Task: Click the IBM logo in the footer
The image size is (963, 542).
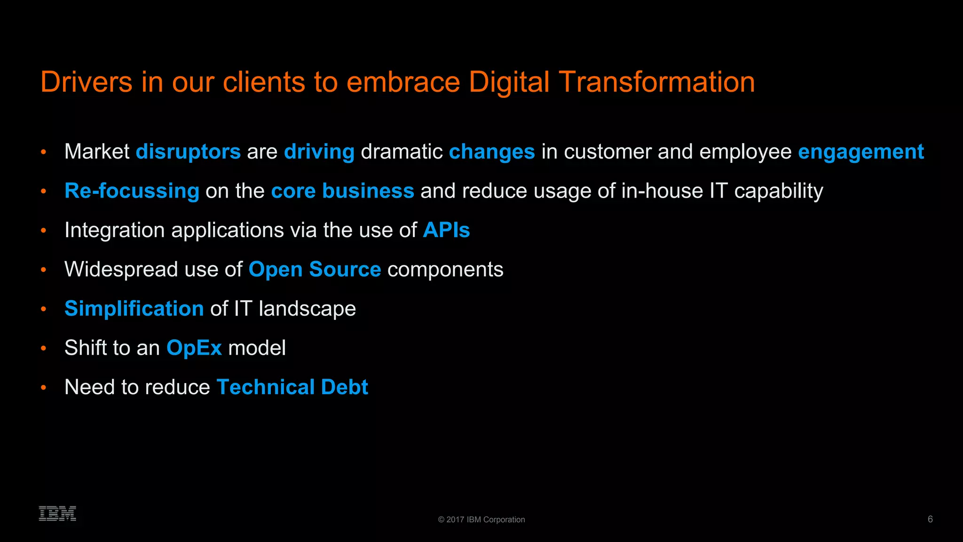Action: point(57,513)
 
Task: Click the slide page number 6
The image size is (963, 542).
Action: point(930,519)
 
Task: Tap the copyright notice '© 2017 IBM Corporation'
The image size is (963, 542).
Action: point(481,519)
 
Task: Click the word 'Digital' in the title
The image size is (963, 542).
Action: point(509,82)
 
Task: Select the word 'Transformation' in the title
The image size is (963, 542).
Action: point(657,82)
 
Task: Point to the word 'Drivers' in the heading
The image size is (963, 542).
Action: point(87,82)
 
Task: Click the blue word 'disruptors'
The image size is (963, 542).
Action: point(188,151)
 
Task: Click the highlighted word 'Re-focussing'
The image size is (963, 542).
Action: point(132,191)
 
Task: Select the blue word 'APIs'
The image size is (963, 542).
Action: point(446,230)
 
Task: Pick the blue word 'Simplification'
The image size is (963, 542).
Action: point(134,309)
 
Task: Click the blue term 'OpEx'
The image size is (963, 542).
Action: point(194,348)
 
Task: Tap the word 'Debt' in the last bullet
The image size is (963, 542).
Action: point(344,387)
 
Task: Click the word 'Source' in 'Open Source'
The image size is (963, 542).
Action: point(345,270)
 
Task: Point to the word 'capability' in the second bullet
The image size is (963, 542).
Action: point(778,191)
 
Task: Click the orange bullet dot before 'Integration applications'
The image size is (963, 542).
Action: point(44,231)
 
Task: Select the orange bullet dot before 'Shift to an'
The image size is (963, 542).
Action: point(44,348)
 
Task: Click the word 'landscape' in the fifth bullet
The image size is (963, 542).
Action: point(307,309)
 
